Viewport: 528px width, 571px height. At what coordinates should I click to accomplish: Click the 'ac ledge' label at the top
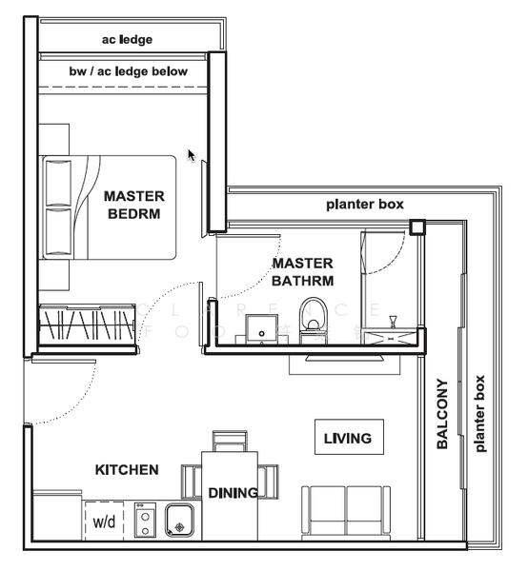coord(127,39)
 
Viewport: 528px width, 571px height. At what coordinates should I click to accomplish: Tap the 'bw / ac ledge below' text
coord(129,71)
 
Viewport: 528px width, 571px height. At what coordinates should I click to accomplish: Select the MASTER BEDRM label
coord(133,205)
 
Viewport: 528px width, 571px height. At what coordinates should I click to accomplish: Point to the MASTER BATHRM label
coord(302,271)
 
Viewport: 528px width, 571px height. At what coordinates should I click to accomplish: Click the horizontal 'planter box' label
coord(365,204)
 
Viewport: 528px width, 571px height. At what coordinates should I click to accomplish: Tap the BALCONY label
coord(441,415)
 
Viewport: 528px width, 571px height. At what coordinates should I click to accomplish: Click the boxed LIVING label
coord(347,439)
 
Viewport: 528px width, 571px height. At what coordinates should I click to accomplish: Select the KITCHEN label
coord(127,470)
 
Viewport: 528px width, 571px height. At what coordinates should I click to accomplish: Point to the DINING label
coord(233,492)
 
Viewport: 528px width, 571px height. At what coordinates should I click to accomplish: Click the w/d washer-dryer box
coord(104,522)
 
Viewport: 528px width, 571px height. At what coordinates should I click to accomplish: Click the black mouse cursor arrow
coord(192,154)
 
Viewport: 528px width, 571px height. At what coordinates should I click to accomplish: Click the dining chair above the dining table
coord(230,442)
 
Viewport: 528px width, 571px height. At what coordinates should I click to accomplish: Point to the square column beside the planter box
coord(416,226)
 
